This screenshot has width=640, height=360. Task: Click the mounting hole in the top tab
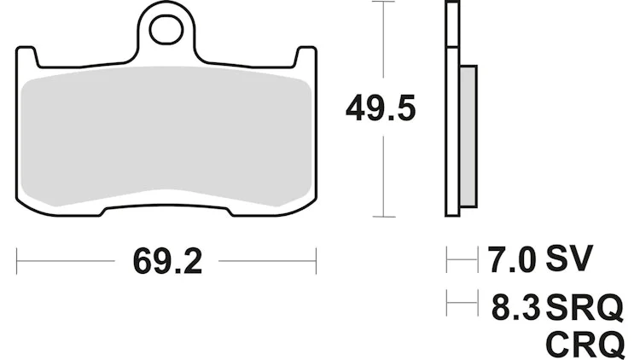(166, 30)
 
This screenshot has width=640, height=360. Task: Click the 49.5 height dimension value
(381, 107)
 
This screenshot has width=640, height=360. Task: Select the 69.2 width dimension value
(167, 262)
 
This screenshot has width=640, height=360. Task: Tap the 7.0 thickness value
(511, 258)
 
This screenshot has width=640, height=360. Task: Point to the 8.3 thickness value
(516, 306)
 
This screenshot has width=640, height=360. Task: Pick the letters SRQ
(585, 307)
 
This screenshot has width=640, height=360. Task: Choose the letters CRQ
(585, 345)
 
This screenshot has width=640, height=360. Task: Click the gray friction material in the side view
(468, 136)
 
